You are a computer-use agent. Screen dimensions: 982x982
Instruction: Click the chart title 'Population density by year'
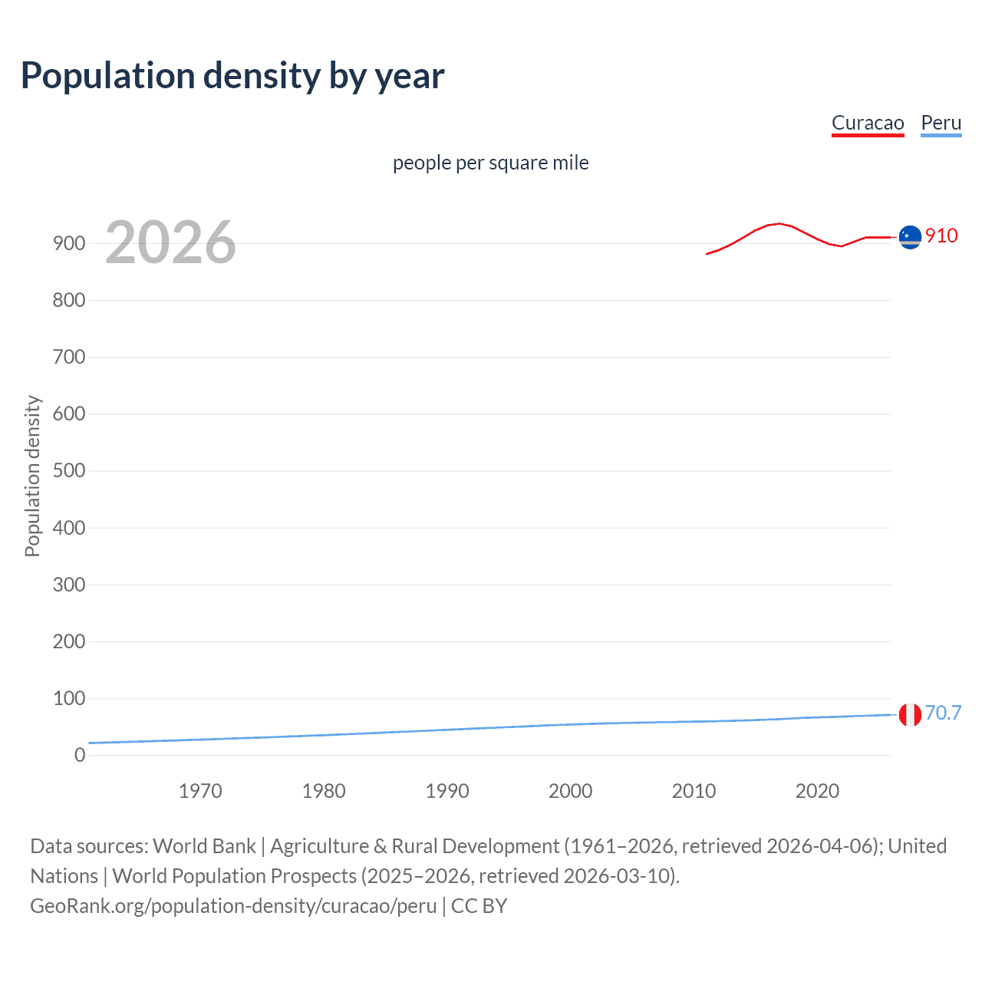pos(232,76)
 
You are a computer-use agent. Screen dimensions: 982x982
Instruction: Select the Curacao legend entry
pos(868,123)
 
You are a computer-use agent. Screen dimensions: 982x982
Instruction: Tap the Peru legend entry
pos(941,123)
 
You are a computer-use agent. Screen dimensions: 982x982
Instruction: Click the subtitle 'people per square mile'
pos(490,163)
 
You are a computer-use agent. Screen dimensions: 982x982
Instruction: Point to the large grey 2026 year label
pos(170,242)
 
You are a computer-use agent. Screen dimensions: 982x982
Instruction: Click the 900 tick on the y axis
pos(69,243)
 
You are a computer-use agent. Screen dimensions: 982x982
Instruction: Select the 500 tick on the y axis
pos(69,470)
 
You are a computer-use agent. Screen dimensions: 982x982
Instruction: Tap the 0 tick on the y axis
pos(80,755)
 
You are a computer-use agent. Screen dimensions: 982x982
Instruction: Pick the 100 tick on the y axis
pos(69,698)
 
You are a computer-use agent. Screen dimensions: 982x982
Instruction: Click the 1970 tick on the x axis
pos(200,791)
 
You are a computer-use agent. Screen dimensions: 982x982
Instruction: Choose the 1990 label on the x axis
pos(447,791)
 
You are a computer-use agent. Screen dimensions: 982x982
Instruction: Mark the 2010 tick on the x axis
pos(694,791)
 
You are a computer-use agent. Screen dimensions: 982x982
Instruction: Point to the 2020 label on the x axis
pos(817,791)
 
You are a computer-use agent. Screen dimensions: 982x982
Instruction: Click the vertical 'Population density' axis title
pos(32,476)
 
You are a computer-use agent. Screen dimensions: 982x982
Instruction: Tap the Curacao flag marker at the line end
pos(910,237)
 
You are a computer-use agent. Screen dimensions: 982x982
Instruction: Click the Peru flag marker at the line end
pos(910,714)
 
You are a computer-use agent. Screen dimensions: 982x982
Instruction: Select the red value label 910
pos(941,236)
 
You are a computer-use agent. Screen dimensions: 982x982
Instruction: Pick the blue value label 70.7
pos(943,713)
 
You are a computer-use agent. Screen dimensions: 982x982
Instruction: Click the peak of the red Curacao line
pos(779,223)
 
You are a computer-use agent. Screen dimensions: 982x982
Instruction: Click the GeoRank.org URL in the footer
pos(233,906)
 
